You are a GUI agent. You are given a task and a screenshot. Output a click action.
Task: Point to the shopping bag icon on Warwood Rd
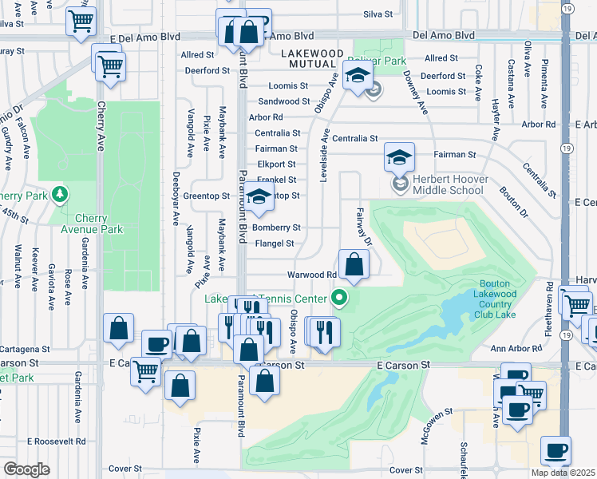pos(354,263)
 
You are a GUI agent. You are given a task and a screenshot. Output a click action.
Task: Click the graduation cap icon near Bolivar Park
pos(358,77)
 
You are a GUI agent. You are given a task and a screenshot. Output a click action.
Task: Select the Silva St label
pos(378,14)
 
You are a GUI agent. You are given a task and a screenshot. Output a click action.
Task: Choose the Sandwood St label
pos(284,101)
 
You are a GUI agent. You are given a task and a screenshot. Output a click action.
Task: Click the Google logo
pos(26,469)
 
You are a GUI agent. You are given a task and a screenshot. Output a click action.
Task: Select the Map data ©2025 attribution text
pos(563,473)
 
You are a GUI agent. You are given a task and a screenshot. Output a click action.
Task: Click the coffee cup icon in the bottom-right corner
pos(555,450)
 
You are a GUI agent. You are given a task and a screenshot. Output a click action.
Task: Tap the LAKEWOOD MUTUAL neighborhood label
pos(312,53)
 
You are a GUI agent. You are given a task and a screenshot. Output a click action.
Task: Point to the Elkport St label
pos(277,164)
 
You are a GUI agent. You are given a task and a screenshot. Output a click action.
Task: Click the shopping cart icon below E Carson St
pos(144,370)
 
